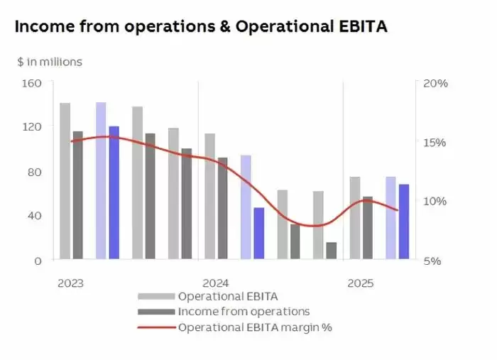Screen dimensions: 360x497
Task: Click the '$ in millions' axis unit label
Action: [50, 62]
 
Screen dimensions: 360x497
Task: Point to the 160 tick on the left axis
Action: [34, 83]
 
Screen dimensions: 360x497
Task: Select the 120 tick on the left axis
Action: [34, 127]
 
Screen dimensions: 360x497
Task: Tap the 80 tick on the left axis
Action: [35, 172]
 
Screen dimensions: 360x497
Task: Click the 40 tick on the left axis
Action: [35, 216]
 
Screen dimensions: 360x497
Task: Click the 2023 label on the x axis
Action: [70, 283]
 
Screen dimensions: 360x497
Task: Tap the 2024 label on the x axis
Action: [216, 283]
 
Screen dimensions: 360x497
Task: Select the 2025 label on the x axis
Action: [361, 283]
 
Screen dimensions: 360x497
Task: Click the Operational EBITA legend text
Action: [228, 296]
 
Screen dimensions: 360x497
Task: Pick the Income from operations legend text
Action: [244, 312]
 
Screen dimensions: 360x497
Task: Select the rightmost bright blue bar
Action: [404, 222]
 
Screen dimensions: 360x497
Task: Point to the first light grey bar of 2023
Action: [65, 181]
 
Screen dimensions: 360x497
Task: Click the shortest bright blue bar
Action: [259, 234]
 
